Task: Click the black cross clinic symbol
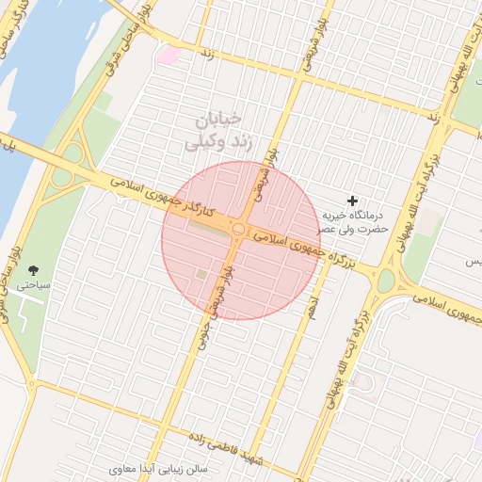click(x=353, y=201)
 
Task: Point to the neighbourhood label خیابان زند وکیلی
click(x=217, y=131)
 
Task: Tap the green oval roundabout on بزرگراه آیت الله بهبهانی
click(x=385, y=279)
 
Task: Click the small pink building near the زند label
click(x=169, y=56)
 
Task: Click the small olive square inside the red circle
click(x=201, y=274)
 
